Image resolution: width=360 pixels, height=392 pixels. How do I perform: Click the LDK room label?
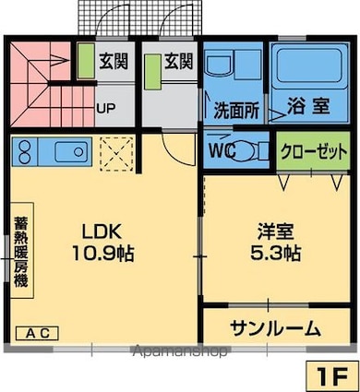pyautogui.click(x=101, y=232)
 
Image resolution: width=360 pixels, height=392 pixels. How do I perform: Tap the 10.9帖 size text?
pyautogui.click(x=102, y=254)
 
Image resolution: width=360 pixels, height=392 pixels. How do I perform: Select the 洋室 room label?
pyautogui.click(x=276, y=232)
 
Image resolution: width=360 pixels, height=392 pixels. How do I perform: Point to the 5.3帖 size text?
pyautogui.click(x=276, y=254)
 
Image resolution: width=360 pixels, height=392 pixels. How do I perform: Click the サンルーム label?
pyautogui.click(x=276, y=328)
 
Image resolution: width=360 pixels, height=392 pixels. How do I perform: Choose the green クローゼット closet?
pyautogui.click(x=313, y=150)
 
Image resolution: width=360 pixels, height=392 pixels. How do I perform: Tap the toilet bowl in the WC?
pyautogui.click(x=246, y=150)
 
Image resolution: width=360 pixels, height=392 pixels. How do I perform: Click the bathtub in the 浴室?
pyautogui.click(x=310, y=67)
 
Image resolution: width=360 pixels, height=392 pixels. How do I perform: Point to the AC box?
pyautogui.click(x=37, y=333)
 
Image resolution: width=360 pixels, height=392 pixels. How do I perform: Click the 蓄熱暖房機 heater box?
pyautogui.click(x=21, y=250)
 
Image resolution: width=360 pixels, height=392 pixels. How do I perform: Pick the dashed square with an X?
pyautogui.click(x=117, y=153)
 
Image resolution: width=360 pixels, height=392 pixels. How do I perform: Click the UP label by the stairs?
pyautogui.click(x=106, y=108)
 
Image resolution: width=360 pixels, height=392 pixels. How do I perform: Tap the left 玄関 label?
pyautogui.click(x=113, y=61)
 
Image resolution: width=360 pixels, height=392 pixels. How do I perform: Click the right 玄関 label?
pyautogui.click(x=179, y=61)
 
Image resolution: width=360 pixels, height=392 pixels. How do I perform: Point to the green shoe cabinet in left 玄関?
pyautogui.click(x=86, y=61)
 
